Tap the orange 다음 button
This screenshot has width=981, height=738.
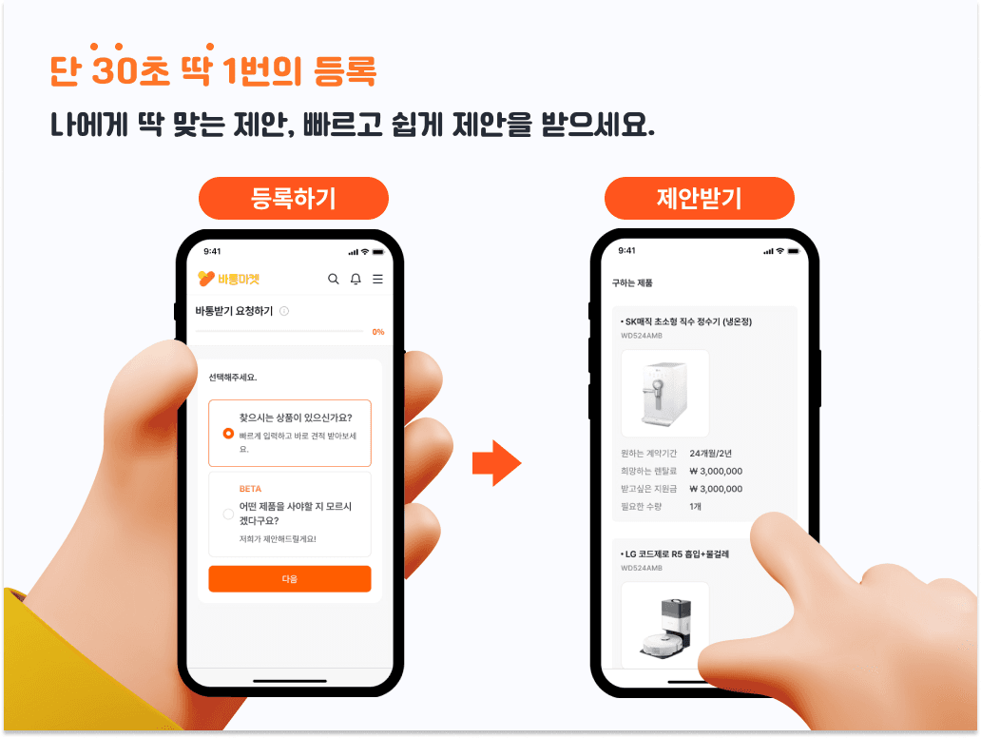click(289, 578)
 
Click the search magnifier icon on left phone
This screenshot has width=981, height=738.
click(333, 279)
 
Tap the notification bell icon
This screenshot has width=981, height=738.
click(356, 279)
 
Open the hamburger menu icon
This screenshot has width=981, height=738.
click(377, 279)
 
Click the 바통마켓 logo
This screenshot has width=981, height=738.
click(228, 279)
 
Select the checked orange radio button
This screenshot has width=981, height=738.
click(228, 433)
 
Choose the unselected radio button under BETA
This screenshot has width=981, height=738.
click(228, 515)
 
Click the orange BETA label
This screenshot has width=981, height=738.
click(250, 489)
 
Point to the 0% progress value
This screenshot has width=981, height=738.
click(377, 332)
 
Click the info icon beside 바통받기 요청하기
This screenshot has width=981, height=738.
click(284, 311)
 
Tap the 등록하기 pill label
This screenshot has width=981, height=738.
click(293, 198)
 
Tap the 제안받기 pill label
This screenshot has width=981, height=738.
click(699, 198)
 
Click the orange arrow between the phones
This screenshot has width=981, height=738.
click(496, 463)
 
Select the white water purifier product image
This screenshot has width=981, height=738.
click(664, 393)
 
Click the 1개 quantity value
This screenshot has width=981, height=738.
click(695, 506)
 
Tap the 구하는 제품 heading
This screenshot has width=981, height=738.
click(632, 282)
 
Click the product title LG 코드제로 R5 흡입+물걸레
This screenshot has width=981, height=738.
click(676, 553)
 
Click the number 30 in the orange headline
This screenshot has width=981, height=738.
click(111, 71)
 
